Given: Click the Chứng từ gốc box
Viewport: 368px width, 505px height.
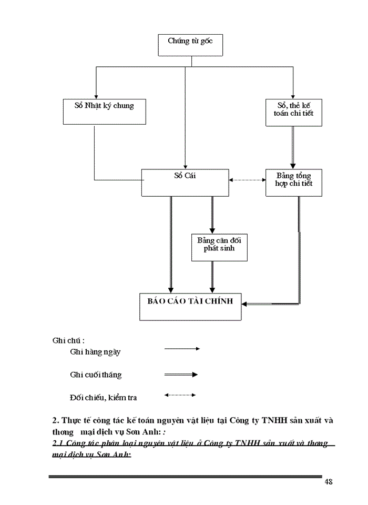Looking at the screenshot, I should [x=190, y=45].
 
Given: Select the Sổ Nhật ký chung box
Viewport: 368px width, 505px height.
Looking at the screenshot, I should [x=105, y=111].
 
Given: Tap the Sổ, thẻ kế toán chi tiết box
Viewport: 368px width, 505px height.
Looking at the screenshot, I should [x=293, y=112].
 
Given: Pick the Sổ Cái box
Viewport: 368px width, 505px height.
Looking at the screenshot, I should [x=185, y=182].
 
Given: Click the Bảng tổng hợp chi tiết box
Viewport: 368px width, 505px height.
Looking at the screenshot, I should [x=293, y=182].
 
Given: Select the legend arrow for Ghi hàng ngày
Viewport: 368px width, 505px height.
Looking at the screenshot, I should [x=182, y=348].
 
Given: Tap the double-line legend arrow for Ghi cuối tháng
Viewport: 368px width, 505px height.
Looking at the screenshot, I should [x=181, y=375].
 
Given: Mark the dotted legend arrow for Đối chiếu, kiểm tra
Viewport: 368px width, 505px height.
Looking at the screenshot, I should [x=180, y=395].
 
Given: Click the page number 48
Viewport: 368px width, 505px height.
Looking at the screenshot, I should [x=329, y=482].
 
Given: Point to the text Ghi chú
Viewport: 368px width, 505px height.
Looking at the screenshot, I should [x=69, y=340].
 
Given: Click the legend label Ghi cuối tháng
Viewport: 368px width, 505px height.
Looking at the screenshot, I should [x=95, y=375].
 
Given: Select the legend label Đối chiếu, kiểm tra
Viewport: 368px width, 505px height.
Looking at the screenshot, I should [x=103, y=397].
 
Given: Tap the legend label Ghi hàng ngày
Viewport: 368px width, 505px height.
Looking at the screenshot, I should [x=95, y=352].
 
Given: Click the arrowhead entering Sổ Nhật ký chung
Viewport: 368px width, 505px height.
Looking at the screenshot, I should [x=96, y=95].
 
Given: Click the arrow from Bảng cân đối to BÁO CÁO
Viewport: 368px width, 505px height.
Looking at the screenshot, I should [x=212, y=276].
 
